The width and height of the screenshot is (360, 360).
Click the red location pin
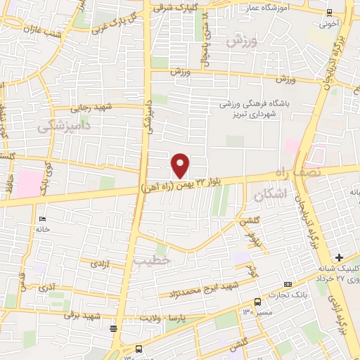tap(181, 165)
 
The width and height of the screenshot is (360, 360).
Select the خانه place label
tap(43, 229)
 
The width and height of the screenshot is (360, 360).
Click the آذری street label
tap(47, 288)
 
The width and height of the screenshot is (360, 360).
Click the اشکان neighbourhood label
tap(262, 197)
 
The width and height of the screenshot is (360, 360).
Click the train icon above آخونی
tap(330, 11)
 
